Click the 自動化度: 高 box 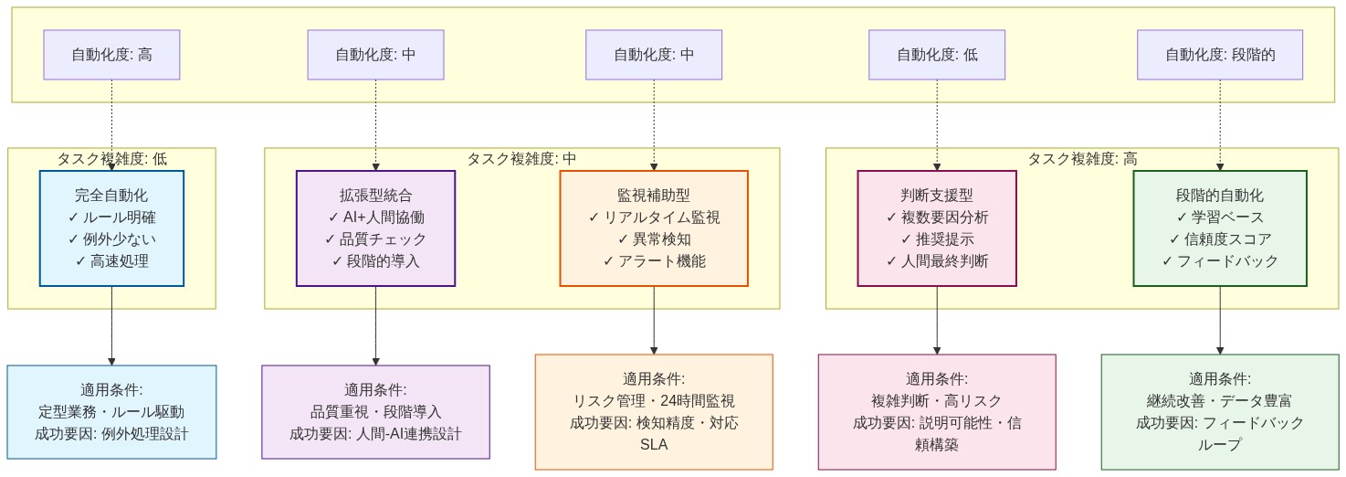tap(111, 55)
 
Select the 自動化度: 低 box tap(936, 55)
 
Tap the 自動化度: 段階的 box tap(1219, 55)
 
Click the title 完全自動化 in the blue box tap(111, 195)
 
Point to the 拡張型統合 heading tap(375, 195)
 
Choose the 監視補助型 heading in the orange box tap(653, 195)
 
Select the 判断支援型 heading tap(936, 195)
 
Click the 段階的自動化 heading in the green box tap(1219, 195)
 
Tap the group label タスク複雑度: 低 tap(111, 158)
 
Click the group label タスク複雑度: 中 tap(521, 158)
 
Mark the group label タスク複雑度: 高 tap(1082, 158)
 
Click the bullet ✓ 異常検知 tap(653, 239)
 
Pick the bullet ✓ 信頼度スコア tap(1219, 239)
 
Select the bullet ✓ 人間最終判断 tap(936, 261)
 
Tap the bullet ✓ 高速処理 tap(111, 261)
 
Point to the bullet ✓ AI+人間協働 tap(375, 217)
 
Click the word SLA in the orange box tap(653, 445)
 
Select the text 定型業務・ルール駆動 tap(111, 412)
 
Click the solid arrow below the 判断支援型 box tap(937, 320)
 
